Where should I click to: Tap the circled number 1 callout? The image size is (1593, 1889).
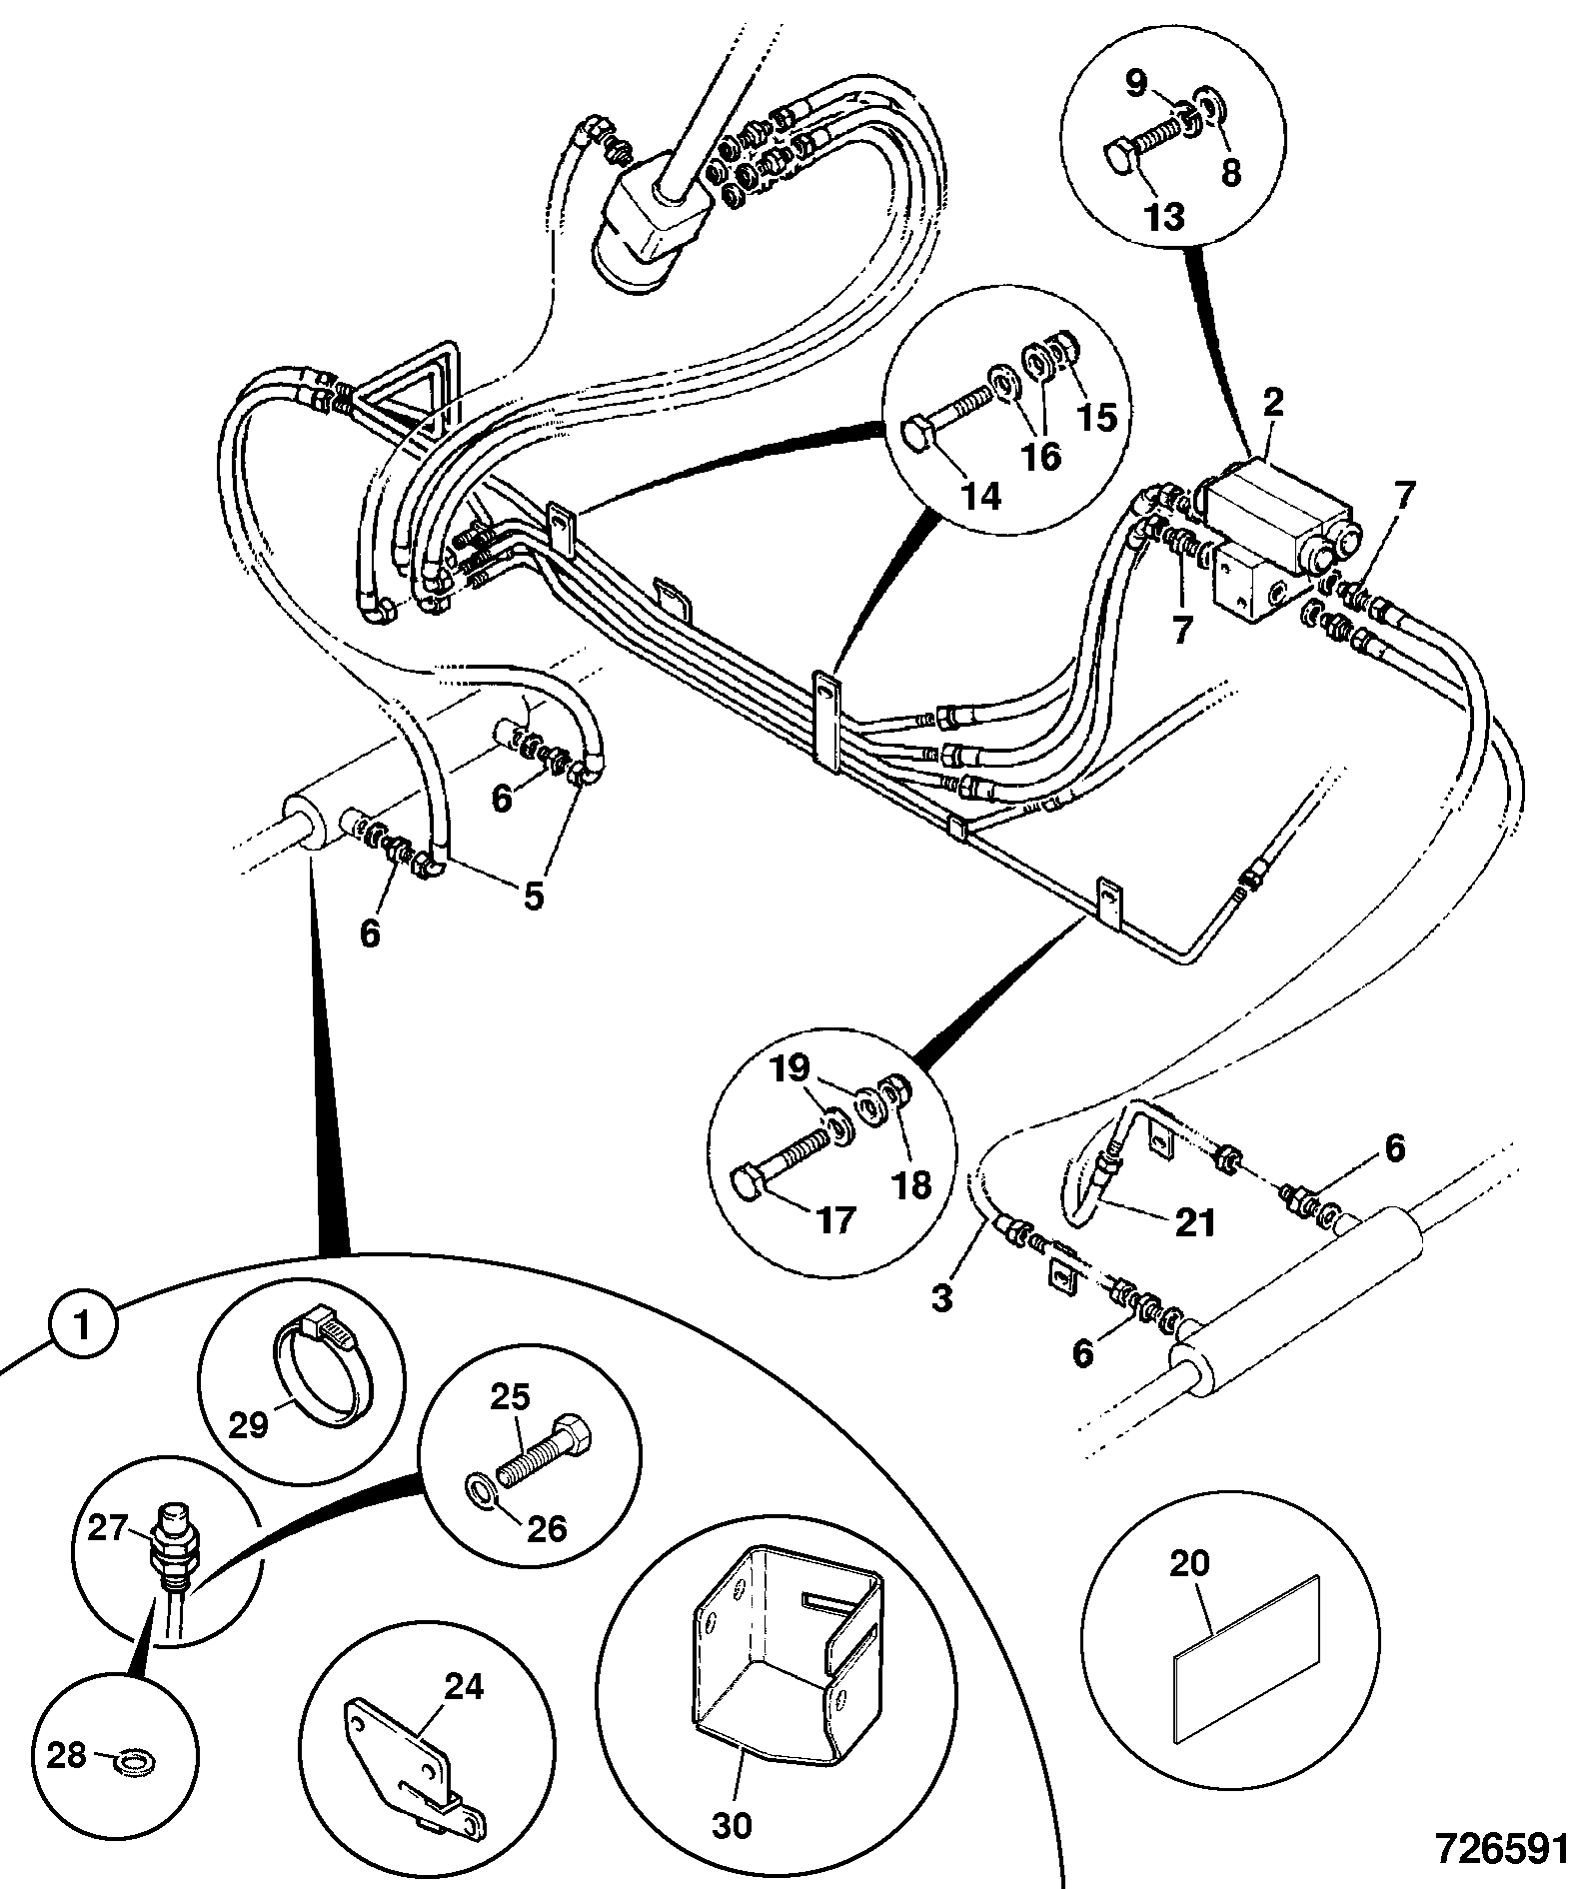pyautogui.click(x=84, y=1326)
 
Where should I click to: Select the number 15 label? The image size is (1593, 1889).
pyautogui.click(x=1096, y=417)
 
